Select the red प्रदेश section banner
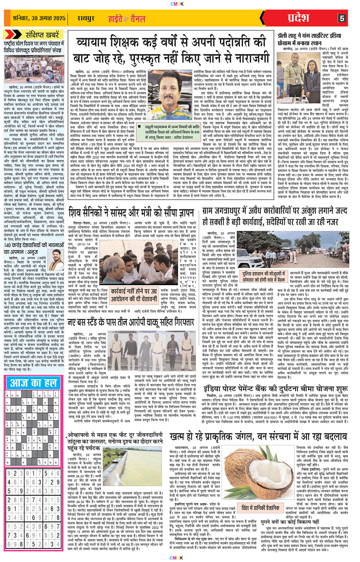310,18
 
